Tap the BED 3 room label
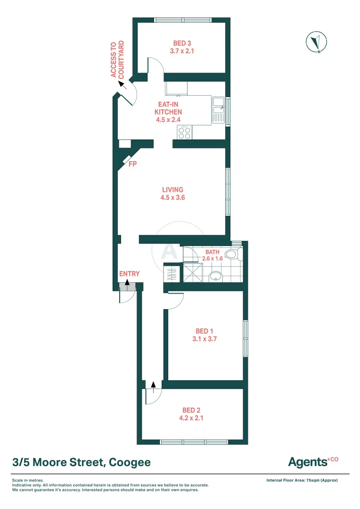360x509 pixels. [x=182, y=43]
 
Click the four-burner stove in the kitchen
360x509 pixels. [x=185, y=133]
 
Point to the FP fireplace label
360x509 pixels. [x=133, y=164]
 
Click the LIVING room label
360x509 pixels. [x=172, y=190]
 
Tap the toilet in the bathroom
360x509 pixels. [x=232, y=254]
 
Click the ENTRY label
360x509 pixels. [x=129, y=274]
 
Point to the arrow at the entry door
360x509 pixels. [x=127, y=282]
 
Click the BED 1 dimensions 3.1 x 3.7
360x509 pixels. [x=205, y=338]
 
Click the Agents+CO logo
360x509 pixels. [x=313, y=461]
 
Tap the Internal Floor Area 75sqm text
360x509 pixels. [x=302, y=480]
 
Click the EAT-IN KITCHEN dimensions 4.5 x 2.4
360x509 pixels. [x=168, y=120]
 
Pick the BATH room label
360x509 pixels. [x=213, y=252]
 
